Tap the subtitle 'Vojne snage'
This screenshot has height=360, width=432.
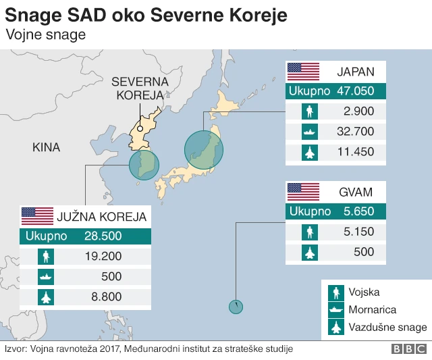[x=45, y=34]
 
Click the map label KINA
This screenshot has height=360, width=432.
[x=46, y=147]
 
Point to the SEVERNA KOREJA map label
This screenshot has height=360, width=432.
[x=140, y=88]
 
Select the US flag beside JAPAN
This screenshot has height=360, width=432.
[x=303, y=72]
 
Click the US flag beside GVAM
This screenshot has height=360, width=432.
[x=303, y=192]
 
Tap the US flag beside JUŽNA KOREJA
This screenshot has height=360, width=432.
[x=37, y=216]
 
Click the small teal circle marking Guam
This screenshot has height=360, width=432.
[x=236, y=307]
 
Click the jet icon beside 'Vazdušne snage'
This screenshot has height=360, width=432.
[x=336, y=328]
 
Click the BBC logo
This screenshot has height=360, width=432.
[x=408, y=349]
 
